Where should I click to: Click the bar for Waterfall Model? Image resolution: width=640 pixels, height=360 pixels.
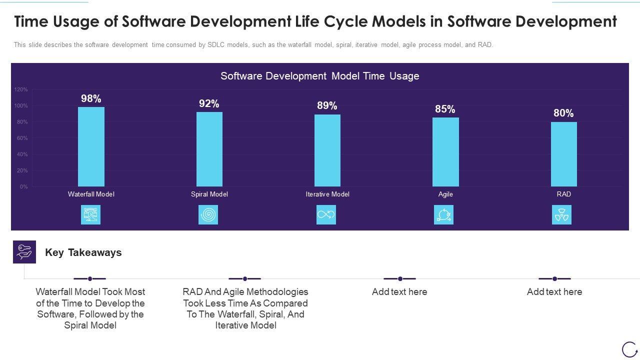[91, 146]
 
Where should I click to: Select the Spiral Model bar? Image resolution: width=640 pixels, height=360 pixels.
[209, 149]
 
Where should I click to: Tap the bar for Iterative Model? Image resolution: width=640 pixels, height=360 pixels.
[327, 150]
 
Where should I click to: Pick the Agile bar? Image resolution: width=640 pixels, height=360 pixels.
[445, 152]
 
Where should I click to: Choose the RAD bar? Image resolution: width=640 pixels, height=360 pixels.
[563, 154]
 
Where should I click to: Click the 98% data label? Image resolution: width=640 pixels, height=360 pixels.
[91, 98]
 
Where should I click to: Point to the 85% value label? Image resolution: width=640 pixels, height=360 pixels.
[445, 109]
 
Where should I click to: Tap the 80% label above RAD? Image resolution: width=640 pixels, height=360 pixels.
[563, 113]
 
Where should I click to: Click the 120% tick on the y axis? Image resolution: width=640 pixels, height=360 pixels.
[21, 90]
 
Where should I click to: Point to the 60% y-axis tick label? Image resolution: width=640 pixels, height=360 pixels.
[22, 138]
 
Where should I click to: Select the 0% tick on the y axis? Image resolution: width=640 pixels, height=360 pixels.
[24, 187]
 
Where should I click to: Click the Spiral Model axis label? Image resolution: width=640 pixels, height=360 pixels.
[209, 194]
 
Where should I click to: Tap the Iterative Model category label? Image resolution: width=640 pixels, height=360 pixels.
[327, 194]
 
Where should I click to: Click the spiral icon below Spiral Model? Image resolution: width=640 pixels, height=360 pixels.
[208, 215]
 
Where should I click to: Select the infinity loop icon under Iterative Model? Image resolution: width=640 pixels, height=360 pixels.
[326, 215]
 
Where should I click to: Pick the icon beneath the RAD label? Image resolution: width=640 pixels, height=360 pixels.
[561, 215]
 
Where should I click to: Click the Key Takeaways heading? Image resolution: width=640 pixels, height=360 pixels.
[83, 252]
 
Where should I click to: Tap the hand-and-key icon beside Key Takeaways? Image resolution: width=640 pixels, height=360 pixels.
[24, 251]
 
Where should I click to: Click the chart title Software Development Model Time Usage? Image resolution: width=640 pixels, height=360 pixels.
[320, 76]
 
